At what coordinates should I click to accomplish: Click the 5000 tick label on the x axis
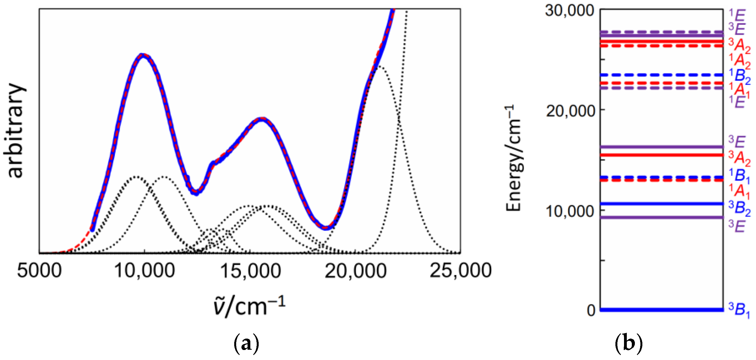coord(39,270)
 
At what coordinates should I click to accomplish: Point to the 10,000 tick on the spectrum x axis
coord(144,270)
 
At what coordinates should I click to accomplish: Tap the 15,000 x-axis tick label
coord(250,270)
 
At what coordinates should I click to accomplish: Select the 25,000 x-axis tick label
coord(460,270)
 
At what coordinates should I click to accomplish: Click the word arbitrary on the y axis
coord(15,131)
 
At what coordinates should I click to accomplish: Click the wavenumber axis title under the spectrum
coord(249,306)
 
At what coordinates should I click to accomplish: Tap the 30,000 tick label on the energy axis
coord(569,11)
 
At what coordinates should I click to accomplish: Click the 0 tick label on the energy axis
coord(591,310)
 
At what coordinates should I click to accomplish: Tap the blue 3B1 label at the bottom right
coord(739,310)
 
